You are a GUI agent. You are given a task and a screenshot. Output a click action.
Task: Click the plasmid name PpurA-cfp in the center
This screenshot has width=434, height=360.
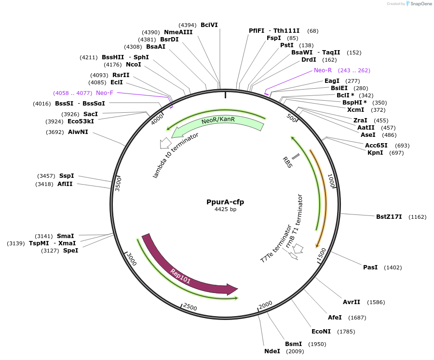(x=225, y=202)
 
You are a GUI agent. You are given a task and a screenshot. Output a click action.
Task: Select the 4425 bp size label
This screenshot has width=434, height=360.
(x=225, y=209)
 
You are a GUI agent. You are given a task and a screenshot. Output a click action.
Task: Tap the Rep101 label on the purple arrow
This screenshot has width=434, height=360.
(x=180, y=276)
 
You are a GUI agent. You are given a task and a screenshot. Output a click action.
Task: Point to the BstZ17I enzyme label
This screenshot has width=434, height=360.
(x=389, y=217)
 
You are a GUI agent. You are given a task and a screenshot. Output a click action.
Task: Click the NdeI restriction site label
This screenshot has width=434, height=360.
(x=272, y=351)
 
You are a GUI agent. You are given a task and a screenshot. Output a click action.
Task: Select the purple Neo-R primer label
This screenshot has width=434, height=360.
(x=323, y=70)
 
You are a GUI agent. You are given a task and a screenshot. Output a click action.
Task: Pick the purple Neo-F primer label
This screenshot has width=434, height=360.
(x=105, y=93)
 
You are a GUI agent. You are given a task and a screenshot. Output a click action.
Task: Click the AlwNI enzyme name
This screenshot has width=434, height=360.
(x=78, y=132)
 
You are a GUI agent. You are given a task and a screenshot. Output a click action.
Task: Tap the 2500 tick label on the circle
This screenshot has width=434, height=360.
(x=190, y=307)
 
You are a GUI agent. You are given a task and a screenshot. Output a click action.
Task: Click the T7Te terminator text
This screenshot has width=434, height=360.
(x=276, y=243)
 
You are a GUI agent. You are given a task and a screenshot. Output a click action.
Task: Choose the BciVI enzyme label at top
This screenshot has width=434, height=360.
(x=209, y=25)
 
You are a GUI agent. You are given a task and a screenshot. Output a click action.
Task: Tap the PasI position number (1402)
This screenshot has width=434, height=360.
(x=393, y=267)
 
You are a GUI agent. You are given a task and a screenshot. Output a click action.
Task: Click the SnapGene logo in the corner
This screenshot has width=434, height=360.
(x=419, y=4)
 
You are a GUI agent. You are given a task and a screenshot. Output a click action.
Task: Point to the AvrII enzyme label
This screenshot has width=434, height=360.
(x=351, y=302)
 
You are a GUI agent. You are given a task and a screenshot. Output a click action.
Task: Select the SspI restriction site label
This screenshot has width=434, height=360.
(x=67, y=176)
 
